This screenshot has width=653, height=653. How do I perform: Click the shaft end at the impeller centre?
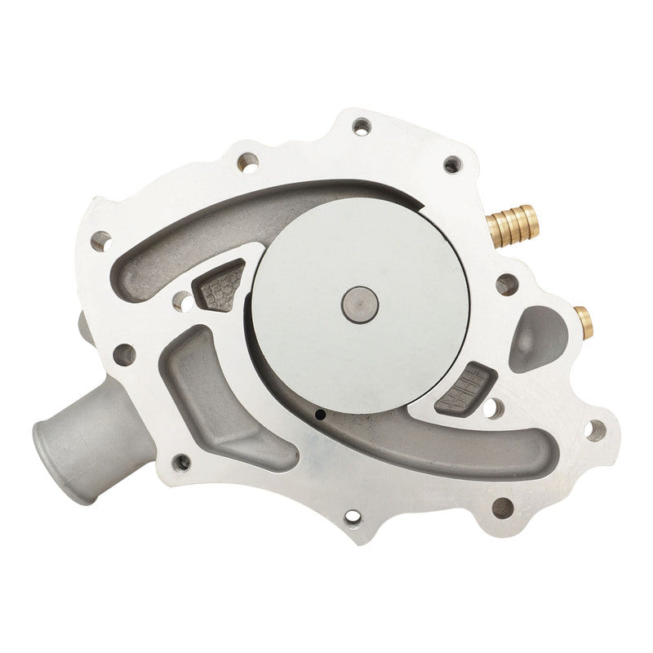click(359, 303)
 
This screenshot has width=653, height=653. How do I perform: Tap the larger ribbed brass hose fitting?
click(510, 222)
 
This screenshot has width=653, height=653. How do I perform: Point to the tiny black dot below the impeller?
click(321, 415)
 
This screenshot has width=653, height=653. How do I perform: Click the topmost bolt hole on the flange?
click(361, 126)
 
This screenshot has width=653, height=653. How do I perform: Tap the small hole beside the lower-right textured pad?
click(493, 405)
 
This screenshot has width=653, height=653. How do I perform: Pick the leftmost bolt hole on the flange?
click(101, 240)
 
